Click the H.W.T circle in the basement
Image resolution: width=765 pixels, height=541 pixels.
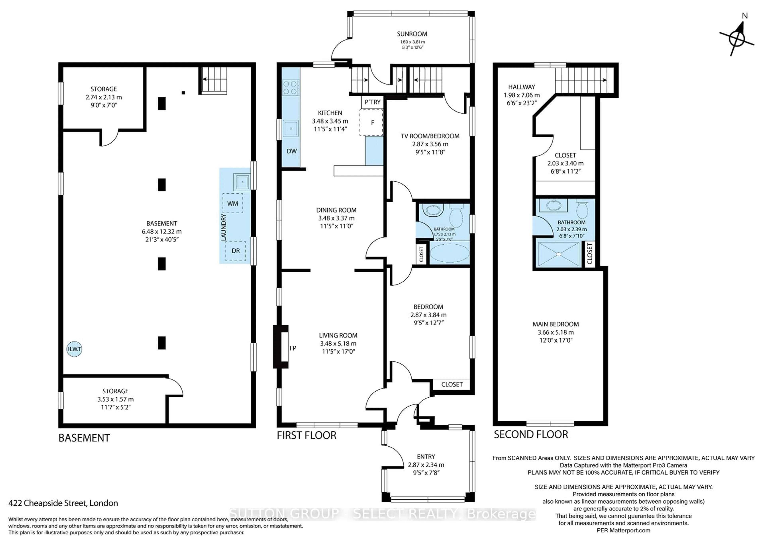[74, 349]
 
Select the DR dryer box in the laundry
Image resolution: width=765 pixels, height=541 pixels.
[235, 251]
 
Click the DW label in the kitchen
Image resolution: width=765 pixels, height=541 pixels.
[291, 151]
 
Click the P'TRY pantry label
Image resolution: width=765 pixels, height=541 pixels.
[373, 102]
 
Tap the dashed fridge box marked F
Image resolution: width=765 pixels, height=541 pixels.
[371, 122]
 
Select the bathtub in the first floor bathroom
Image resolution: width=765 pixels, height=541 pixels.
[449, 253]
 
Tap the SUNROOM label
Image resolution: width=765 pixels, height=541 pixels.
[412, 34]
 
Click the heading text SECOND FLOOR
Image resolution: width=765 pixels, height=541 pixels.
[531, 435]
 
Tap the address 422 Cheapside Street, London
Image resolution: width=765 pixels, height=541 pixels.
[63, 503]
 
